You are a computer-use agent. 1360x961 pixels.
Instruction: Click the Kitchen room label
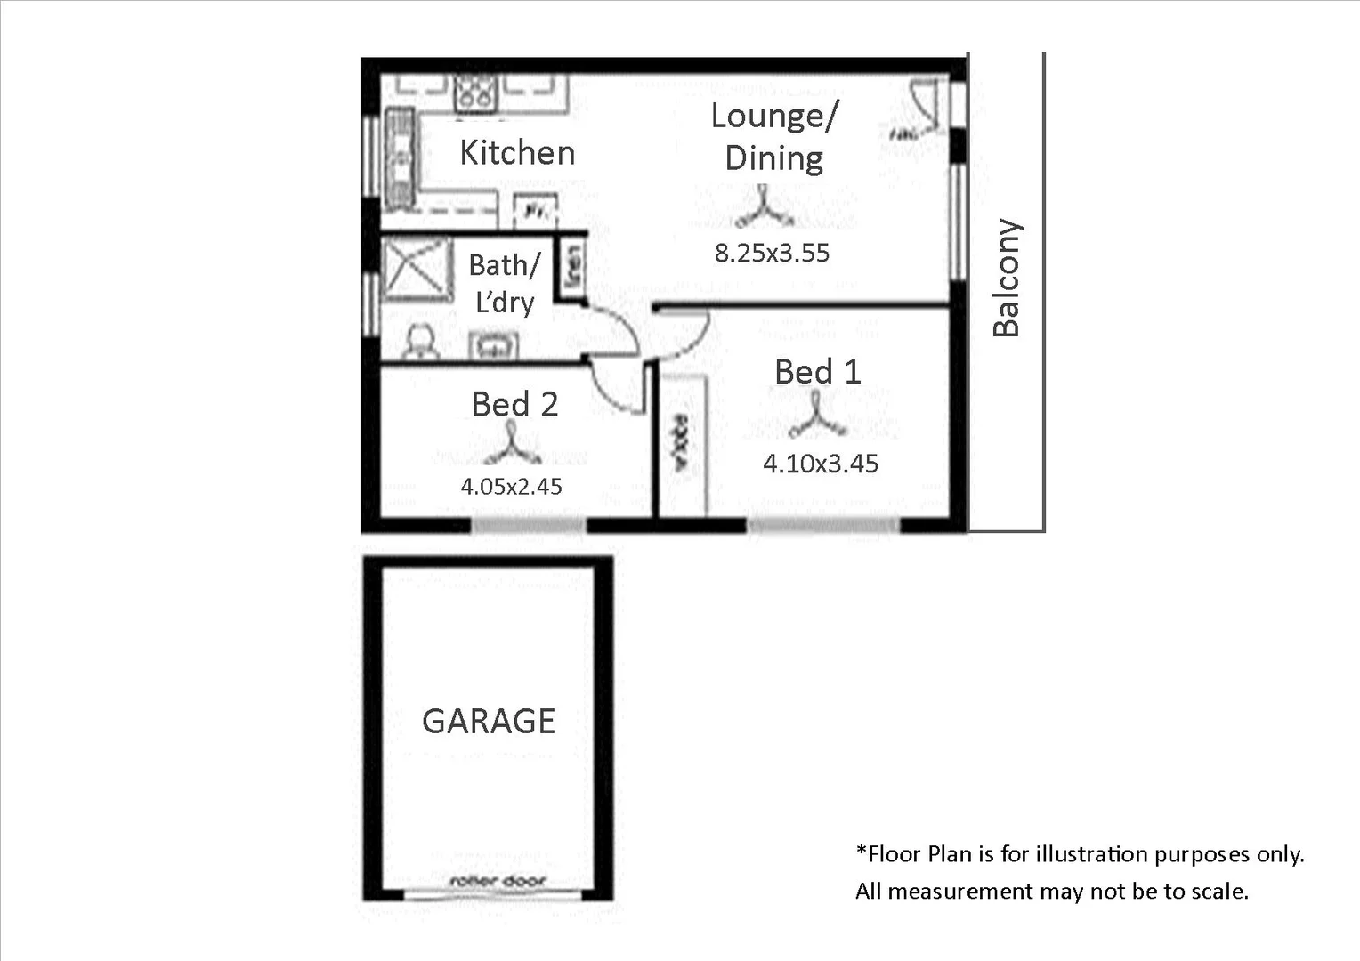pyautogui.click(x=517, y=153)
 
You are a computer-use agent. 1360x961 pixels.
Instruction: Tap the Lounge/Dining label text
pyautogui.click(x=773, y=137)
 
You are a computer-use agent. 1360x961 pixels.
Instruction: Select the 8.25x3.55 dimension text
pyautogui.click(x=772, y=254)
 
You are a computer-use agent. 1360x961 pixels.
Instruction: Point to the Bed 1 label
pyautogui.click(x=818, y=372)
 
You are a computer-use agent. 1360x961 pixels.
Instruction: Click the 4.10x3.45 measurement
pyautogui.click(x=820, y=464)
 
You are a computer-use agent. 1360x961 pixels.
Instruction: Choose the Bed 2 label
pyautogui.click(x=514, y=405)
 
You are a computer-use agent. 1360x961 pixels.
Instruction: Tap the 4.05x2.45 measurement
pyautogui.click(x=511, y=487)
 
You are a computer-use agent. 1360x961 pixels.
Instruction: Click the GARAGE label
pyautogui.click(x=489, y=721)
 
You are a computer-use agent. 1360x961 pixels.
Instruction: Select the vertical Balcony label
pyautogui.click(x=1007, y=278)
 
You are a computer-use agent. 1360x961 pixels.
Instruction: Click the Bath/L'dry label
pyautogui.click(x=504, y=284)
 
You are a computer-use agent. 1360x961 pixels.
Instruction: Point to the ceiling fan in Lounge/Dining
pyautogui.click(x=763, y=210)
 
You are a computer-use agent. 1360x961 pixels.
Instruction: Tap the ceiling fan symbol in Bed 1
pyautogui.click(x=816, y=419)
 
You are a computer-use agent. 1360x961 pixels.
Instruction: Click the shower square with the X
pyautogui.click(x=416, y=267)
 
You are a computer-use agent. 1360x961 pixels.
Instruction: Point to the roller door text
pyautogui.click(x=498, y=881)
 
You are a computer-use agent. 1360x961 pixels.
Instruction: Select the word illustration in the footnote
pyautogui.click(x=1091, y=854)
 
